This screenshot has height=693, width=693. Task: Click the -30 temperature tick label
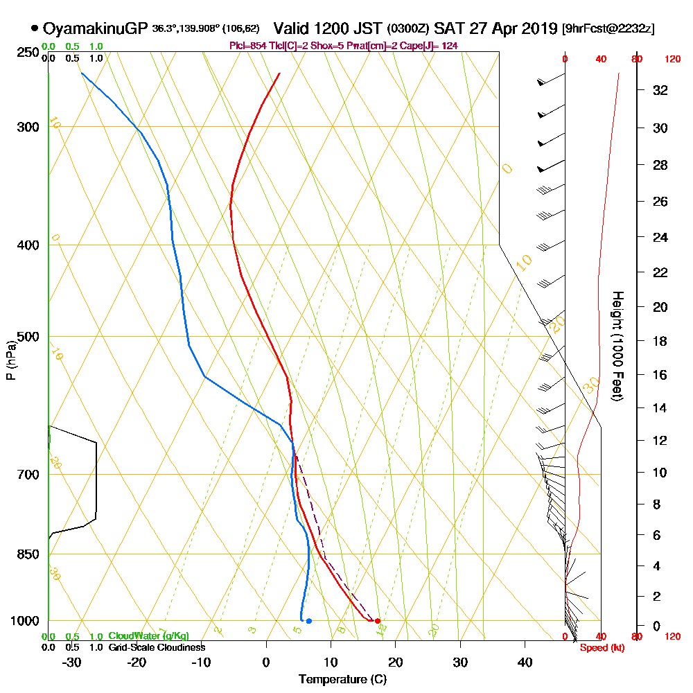click(x=72, y=663)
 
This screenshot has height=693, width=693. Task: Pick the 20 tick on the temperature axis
click(x=396, y=663)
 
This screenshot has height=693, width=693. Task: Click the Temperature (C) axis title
click(x=342, y=679)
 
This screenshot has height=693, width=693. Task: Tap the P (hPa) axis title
click(x=10, y=360)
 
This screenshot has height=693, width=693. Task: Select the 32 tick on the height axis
click(x=660, y=90)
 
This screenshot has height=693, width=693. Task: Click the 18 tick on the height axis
click(x=660, y=341)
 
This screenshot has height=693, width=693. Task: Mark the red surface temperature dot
click(x=378, y=621)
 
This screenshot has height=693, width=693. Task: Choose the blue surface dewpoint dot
click(x=308, y=621)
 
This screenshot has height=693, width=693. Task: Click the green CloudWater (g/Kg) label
click(x=148, y=636)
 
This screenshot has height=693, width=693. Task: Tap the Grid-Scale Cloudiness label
click(x=157, y=647)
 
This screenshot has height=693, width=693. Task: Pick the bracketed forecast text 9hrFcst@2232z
click(x=608, y=29)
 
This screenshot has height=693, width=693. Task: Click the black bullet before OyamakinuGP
click(x=35, y=28)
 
